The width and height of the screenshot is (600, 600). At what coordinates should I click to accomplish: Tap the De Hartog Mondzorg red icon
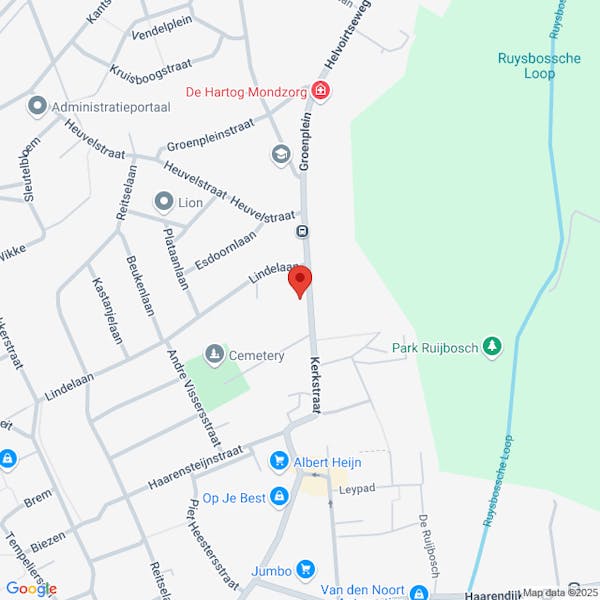pos(320,92)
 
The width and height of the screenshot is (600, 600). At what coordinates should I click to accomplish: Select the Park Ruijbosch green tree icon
pos(491,347)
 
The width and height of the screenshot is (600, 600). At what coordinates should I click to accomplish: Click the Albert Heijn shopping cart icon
pos(279,461)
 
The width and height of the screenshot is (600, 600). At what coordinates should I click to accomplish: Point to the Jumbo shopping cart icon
pos(306,571)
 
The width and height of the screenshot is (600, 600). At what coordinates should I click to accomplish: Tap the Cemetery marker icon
pos(214,354)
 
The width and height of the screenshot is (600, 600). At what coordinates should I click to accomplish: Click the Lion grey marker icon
pos(163,202)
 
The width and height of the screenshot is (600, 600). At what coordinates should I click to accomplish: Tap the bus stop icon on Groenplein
pos(301,232)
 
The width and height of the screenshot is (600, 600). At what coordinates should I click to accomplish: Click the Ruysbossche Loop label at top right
pos(539,66)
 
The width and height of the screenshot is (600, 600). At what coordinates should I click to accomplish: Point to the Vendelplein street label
pos(162,31)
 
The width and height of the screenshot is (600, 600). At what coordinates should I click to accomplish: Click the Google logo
pos(31,588)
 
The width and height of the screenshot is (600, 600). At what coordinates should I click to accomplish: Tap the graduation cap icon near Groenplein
pos(280,154)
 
